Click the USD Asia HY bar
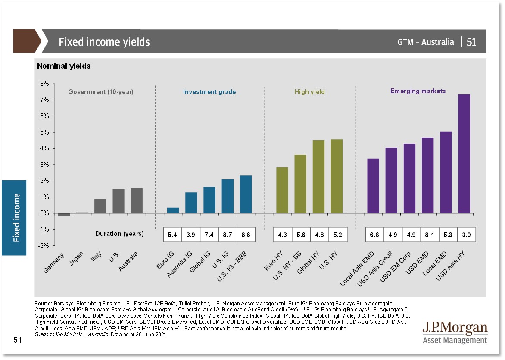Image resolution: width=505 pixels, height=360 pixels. [x=464, y=154]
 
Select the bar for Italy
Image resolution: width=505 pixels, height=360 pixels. [x=100, y=206]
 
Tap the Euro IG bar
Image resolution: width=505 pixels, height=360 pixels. [x=173, y=210]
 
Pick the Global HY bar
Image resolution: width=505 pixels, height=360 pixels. [x=318, y=177]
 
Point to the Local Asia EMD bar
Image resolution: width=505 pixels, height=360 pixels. [x=373, y=186]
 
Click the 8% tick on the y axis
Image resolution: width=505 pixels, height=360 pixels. [x=44, y=84]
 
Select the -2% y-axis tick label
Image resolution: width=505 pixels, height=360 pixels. [x=44, y=246]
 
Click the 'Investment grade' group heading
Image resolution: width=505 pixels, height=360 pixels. [x=209, y=92]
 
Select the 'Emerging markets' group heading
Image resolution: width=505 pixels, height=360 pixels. [x=418, y=91]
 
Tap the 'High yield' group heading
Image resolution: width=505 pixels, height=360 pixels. [x=310, y=92]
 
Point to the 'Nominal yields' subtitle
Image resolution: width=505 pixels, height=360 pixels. [x=64, y=66]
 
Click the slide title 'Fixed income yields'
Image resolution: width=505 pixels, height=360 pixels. [x=104, y=42]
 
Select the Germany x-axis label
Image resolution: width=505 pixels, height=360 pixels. [x=54, y=263]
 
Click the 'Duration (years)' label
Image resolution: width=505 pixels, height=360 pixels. [x=119, y=234]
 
